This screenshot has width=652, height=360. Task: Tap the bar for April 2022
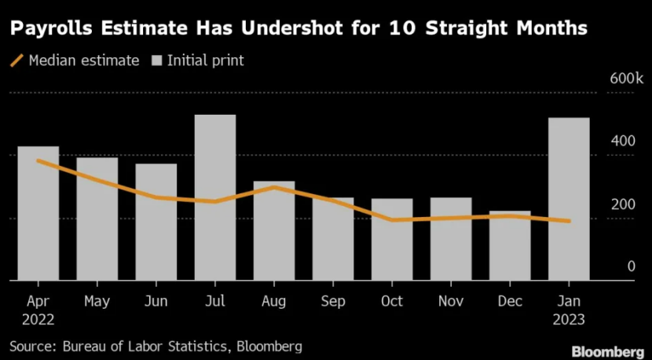coord(38,213)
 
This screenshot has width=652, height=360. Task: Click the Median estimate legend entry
coord(74,61)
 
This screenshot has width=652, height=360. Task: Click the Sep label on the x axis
coord(333,301)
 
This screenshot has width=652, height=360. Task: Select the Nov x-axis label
coord(450,301)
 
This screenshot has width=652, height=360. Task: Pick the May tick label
coord(97,301)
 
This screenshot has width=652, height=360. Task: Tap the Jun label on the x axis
coord(156,301)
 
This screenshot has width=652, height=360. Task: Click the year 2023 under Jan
coord(568,321)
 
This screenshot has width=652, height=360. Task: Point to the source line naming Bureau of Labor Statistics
coord(156,345)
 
